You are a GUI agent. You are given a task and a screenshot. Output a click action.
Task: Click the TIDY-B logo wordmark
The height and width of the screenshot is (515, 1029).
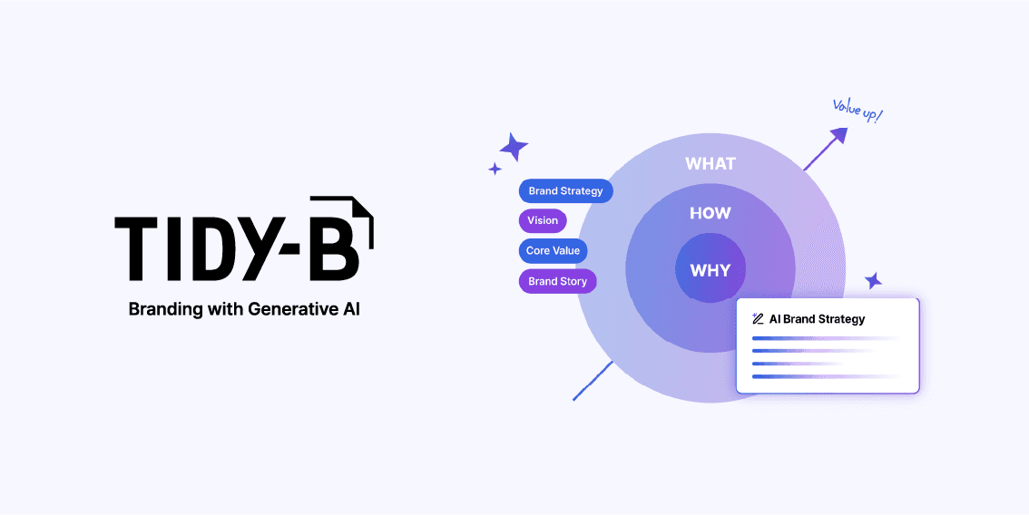(243, 238)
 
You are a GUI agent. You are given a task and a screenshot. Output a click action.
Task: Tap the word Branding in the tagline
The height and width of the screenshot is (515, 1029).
(165, 308)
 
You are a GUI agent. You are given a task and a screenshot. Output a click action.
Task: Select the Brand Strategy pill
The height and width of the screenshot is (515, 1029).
(566, 191)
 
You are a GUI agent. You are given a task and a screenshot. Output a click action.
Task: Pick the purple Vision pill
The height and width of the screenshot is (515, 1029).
(543, 220)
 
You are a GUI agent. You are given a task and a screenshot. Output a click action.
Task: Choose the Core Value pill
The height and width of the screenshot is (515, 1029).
(554, 250)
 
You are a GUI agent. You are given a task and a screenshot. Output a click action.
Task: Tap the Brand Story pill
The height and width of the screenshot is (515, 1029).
(557, 281)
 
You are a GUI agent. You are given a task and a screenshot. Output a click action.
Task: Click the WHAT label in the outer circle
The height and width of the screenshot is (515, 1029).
(710, 164)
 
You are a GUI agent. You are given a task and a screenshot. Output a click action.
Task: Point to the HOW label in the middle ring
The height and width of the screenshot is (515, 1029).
(710, 214)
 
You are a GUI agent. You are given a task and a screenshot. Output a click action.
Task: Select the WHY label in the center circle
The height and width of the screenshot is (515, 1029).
(710, 270)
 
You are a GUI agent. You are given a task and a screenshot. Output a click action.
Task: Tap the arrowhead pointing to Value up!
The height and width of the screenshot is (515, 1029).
(838, 135)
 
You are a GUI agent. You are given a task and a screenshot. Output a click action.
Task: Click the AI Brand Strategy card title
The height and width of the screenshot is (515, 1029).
(817, 319)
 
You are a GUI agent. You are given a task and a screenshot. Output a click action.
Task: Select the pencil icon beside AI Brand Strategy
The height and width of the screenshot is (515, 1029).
(758, 319)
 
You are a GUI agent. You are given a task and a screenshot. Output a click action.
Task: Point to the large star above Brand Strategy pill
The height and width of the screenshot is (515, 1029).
(514, 146)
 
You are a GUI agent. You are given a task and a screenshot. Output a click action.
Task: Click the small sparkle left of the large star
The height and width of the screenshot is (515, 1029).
(495, 169)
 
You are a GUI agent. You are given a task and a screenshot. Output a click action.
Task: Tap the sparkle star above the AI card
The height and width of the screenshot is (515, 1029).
(873, 281)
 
